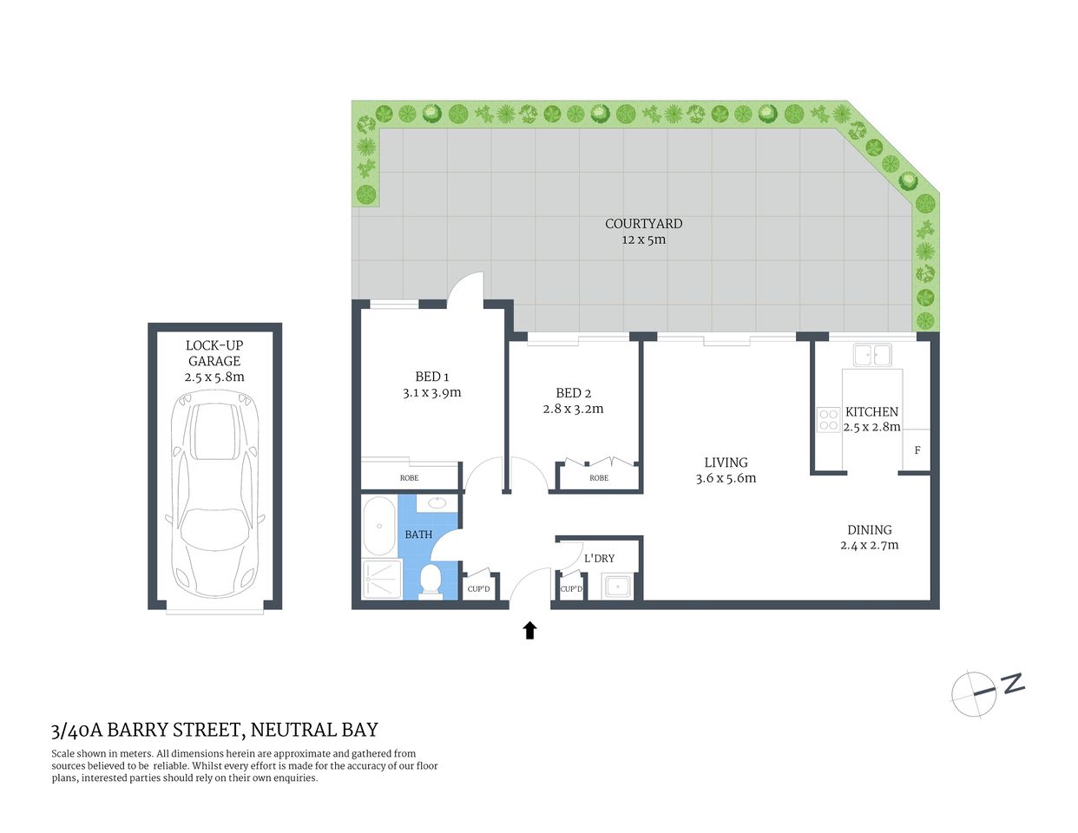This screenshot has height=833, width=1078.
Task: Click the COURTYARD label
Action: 643,224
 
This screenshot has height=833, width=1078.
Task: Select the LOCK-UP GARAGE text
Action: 214,353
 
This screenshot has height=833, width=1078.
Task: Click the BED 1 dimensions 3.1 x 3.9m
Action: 431,392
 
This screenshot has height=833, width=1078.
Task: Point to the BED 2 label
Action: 573,393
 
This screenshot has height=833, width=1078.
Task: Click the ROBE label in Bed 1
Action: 409,478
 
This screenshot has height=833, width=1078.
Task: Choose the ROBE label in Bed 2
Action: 598,478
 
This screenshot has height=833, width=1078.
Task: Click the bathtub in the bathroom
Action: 379,526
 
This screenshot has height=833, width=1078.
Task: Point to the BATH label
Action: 418,535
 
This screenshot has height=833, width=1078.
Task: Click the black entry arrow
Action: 529,630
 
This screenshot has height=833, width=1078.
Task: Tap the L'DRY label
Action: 599,558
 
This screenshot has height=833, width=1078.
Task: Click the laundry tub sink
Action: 618,587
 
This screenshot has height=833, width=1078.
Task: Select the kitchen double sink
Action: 871,355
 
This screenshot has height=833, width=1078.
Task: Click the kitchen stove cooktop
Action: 826,420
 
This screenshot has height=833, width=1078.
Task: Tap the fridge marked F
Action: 917,450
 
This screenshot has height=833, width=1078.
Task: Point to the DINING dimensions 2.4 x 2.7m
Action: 869,545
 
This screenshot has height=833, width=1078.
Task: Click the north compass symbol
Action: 974,693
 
